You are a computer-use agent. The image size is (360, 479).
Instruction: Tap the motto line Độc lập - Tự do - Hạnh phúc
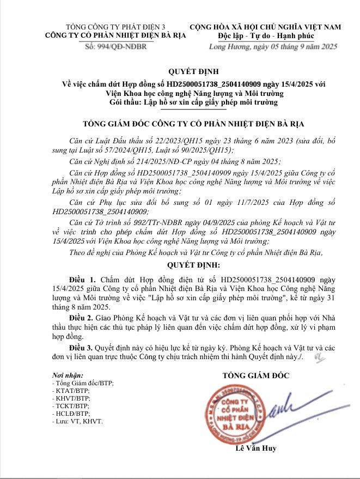pyautogui.click(x=265, y=36)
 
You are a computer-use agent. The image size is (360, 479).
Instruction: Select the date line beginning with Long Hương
pyautogui.click(x=274, y=47)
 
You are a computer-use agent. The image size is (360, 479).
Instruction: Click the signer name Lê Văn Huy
pyautogui.click(x=256, y=448)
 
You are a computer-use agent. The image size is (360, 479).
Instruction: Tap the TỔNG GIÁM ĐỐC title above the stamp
pyautogui.click(x=256, y=375)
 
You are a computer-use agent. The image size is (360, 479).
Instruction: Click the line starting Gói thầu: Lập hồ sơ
pyautogui.click(x=193, y=102)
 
